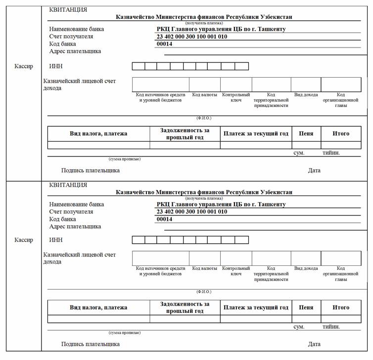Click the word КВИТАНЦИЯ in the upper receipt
pyautogui.click(x=68, y=10)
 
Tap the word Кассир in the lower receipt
pyautogui.click(x=24, y=240)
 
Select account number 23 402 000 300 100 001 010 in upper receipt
pyautogui.click(x=191, y=37)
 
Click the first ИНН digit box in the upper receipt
pyautogui.click(x=138, y=66)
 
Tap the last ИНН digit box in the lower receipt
pyautogui.click(x=242, y=240)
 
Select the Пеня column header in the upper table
pyautogui.click(x=306, y=133)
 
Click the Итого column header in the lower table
pyautogui.click(x=341, y=308)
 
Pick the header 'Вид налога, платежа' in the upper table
pyautogui.click(x=98, y=133)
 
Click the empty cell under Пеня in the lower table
pyautogui.click(x=306, y=319)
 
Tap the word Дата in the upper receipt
pyautogui.click(x=314, y=170)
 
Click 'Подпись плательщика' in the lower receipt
pyautogui.click(x=91, y=344)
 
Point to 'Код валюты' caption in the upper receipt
pyautogui.click(x=204, y=95)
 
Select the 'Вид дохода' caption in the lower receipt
pyautogui.click(x=306, y=268)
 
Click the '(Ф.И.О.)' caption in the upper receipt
pyautogui.click(x=204, y=118)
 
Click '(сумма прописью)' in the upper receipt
pyautogui.click(x=125, y=159)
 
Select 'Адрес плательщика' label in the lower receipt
pyautogui.click(x=75, y=226)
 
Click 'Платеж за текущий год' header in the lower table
pyautogui.click(x=256, y=308)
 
